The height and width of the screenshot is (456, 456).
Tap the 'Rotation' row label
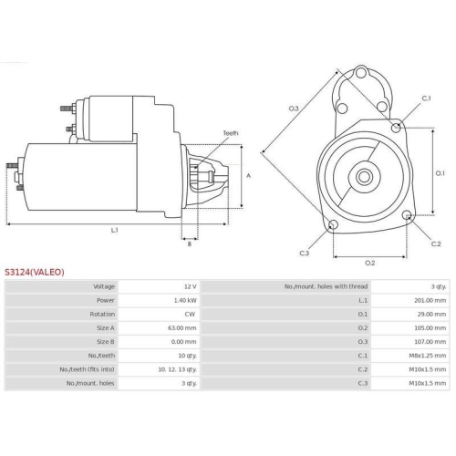coord(102,314)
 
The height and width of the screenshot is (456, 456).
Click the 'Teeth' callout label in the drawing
coord(231,133)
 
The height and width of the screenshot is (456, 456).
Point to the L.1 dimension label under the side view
coord(115,230)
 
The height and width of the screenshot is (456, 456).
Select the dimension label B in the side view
coord(189,244)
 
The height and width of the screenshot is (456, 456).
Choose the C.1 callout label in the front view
coord(426,98)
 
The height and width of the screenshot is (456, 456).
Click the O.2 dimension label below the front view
coord(370,263)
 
